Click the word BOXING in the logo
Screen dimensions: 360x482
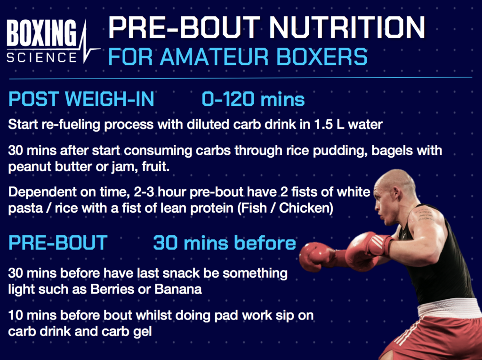tap(41, 34)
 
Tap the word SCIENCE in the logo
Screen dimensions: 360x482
tap(41, 57)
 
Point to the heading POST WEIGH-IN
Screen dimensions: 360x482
tap(81, 100)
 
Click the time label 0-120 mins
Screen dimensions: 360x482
tap(253, 100)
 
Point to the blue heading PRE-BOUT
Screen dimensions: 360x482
tap(58, 243)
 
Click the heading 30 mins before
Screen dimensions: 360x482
tap(225, 243)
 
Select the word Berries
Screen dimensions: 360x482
tap(124, 288)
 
